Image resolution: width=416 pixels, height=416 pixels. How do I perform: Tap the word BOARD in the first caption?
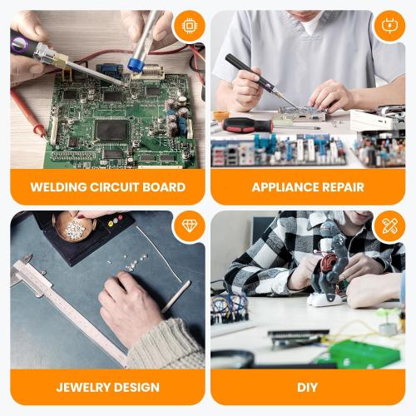pos(164,187)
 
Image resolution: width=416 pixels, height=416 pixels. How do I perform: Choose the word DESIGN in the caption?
pos(137,388)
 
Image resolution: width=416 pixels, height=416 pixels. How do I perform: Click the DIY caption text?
pos(308,388)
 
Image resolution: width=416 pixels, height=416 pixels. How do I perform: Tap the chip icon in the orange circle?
pos(189,26)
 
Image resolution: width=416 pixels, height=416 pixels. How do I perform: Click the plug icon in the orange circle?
pos(389,26)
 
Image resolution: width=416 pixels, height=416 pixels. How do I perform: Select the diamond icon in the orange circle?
pos(189,226)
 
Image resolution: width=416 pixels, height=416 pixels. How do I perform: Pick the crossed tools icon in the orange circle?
pos(389,226)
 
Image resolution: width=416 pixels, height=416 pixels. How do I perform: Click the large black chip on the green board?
pos(111,130)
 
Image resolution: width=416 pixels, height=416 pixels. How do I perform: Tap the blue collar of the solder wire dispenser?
pos(136,64)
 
